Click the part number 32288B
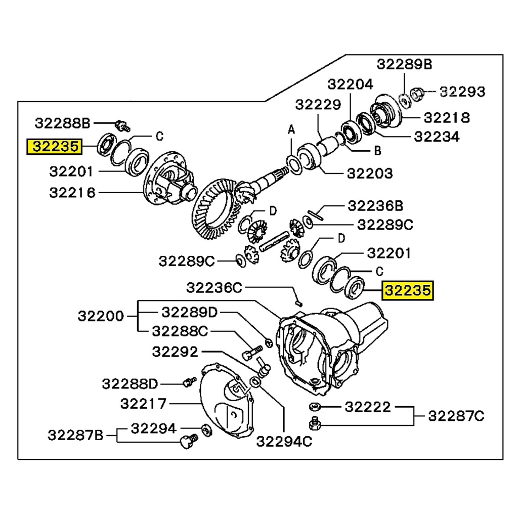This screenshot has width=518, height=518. pos(62,123)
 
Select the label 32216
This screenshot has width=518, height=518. pos(72,193)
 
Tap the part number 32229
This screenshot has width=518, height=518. pos(318,104)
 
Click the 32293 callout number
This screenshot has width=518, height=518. pos(462,92)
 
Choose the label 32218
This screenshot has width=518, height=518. pos(447,118)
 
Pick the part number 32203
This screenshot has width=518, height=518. pos(369,174)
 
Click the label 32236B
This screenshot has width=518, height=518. pos(375,206)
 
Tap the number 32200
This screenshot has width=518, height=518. pos(101,316)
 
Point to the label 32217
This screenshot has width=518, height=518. pos(143,404)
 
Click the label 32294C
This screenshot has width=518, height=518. pos(284,442)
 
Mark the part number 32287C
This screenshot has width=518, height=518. pos(456,416)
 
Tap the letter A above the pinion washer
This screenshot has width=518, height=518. pos(291,131)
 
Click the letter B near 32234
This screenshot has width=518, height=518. pos(377,151)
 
